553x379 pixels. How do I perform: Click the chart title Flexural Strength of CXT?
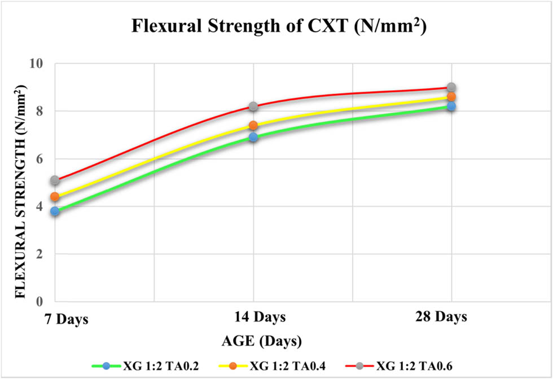(x=276, y=26)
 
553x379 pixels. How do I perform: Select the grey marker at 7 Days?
(x=55, y=180)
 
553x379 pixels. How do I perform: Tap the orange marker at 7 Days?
(x=55, y=197)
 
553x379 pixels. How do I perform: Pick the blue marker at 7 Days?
(x=55, y=211)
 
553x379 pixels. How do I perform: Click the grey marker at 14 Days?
(x=253, y=107)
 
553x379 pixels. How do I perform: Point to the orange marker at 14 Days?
(x=253, y=125)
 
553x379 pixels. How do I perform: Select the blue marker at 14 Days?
(x=253, y=137)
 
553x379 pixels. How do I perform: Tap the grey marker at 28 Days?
(x=451, y=87)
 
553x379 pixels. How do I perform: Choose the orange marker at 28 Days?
(x=451, y=97)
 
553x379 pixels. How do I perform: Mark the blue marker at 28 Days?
(x=451, y=106)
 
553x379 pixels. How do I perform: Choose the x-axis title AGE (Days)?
(x=261, y=341)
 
